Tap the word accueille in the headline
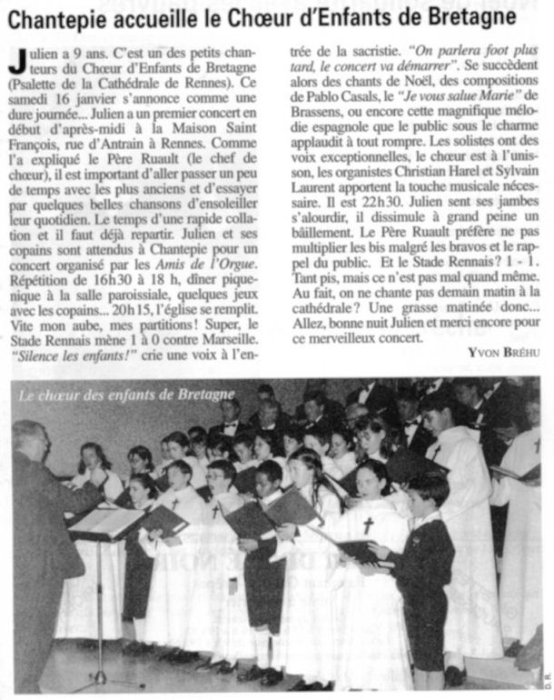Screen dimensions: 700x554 160,18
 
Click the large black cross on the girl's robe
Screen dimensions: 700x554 369,525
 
